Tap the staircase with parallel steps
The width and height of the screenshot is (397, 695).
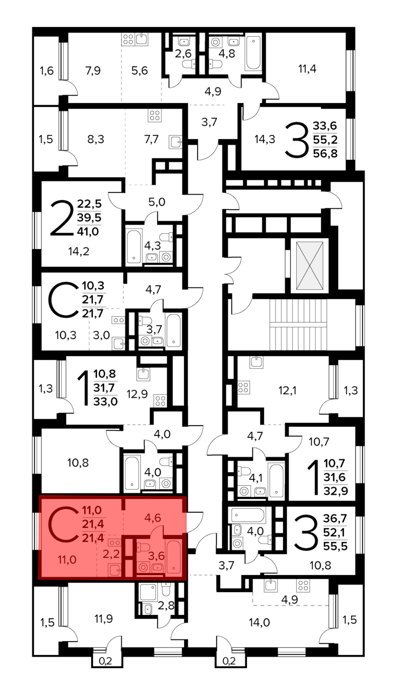[298, 325]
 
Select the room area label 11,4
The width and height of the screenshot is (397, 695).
[307, 69]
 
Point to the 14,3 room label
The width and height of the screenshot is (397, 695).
[265, 139]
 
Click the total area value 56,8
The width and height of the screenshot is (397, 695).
[325, 153]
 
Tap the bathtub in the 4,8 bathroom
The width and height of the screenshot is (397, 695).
[253, 53]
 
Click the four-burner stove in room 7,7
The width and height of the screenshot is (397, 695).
[154, 115]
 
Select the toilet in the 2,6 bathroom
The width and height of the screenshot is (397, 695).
[189, 64]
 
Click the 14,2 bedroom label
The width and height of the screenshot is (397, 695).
[79, 251]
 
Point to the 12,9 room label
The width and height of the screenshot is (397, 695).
[137, 394]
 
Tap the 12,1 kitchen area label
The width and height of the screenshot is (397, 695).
[287, 391]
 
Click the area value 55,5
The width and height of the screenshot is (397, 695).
[335, 546]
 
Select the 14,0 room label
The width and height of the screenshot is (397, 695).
[259, 622]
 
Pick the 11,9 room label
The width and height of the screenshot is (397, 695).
[103, 619]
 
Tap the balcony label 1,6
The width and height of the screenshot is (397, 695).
[46, 71]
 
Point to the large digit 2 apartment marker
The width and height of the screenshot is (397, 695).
[62, 218]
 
